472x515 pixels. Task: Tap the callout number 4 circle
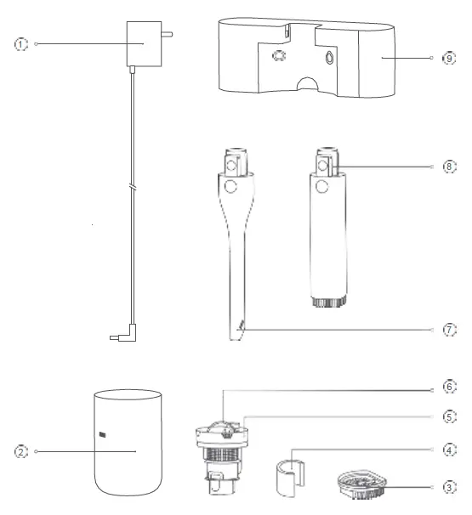pyautogui.click(x=450, y=448)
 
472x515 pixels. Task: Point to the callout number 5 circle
pyautogui.click(x=450, y=417)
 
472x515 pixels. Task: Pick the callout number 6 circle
pyautogui.click(x=450, y=385)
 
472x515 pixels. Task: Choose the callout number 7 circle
pyautogui.click(x=450, y=328)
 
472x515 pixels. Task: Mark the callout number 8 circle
pyautogui.click(x=450, y=166)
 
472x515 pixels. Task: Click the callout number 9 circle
pyautogui.click(x=450, y=59)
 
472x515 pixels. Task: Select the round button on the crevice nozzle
pyautogui.click(x=228, y=186)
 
